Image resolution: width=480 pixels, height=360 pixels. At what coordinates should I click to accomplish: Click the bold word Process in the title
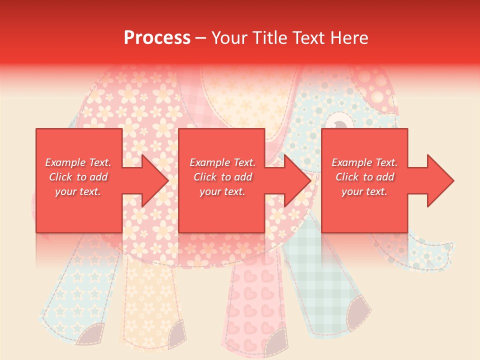coord(157,38)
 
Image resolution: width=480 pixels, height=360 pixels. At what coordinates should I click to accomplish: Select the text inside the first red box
coord(78,177)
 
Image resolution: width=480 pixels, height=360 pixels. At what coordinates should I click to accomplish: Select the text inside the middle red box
coord(222,177)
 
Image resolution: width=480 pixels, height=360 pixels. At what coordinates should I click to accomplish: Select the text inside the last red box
coord(364,177)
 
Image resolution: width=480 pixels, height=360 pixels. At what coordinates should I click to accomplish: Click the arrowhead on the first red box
coord(154,180)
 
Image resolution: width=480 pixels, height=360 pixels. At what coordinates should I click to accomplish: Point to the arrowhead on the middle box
coord(297,180)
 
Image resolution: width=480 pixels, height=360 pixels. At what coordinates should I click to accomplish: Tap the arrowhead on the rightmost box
coord(440,180)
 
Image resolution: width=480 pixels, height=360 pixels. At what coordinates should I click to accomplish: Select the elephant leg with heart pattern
coord(252,300)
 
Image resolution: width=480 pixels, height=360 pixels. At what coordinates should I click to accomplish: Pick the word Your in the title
coord(229,38)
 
